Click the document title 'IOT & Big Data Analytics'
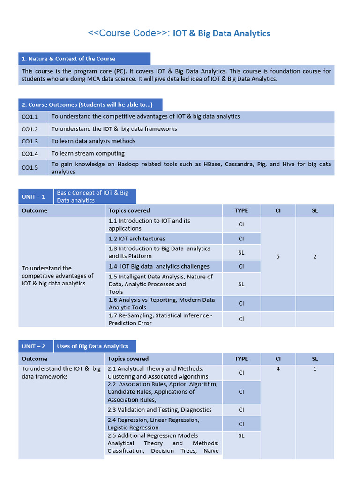pos(221,33)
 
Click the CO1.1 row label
pos(30,117)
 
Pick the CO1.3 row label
pos(30,141)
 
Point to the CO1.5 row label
pos(30,167)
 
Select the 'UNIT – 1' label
pos(34,196)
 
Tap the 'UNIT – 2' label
pos(34,346)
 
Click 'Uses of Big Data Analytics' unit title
pos(93,346)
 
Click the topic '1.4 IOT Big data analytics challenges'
pos(159,266)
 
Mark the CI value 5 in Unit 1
pos(278,256)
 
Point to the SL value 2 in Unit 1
pos(315,256)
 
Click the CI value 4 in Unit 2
pos(278,369)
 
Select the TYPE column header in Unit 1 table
pos(241,210)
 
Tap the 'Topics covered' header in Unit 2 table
pos(128,359)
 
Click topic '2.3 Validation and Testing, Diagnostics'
pos(159,410)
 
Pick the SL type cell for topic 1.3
pos(241,252)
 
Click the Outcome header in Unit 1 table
pos(35,210)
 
